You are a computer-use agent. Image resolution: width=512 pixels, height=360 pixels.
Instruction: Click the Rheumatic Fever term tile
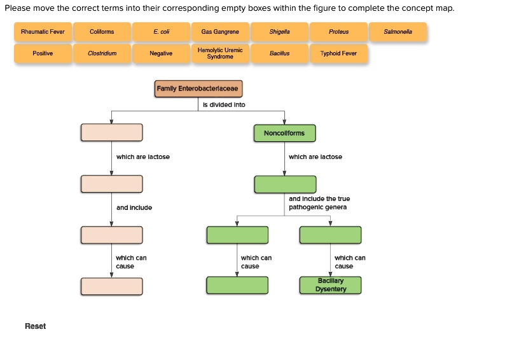43,32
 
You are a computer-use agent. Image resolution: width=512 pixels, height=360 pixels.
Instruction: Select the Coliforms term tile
102,32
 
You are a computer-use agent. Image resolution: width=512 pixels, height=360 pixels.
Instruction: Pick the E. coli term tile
161,32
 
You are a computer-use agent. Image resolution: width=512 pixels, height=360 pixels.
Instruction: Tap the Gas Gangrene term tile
220,32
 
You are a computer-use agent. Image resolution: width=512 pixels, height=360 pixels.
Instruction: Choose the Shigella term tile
279,32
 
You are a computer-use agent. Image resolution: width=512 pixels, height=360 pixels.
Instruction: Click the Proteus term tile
338,32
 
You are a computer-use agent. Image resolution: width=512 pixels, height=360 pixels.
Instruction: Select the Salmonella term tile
398,32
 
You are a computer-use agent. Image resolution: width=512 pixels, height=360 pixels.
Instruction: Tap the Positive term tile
43,53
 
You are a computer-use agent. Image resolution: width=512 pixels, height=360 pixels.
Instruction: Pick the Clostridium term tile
102,53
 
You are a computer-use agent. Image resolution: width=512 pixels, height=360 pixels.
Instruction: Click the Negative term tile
161,53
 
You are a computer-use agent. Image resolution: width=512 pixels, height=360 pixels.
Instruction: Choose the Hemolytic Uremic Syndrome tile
220,53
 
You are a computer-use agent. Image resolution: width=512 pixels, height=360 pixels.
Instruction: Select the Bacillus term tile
279,53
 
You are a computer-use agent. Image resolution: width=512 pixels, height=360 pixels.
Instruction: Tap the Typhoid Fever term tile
338,53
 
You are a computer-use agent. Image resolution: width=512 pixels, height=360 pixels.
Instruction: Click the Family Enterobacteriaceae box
198,89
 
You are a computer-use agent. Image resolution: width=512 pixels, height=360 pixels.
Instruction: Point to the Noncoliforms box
284,133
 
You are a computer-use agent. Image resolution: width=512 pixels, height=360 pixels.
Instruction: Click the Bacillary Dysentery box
330,285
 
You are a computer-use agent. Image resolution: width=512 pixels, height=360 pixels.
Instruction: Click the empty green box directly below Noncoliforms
284,184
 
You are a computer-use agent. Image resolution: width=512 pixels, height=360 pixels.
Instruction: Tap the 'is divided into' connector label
223,105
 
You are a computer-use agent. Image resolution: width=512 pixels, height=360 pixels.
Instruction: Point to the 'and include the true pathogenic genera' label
319,203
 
